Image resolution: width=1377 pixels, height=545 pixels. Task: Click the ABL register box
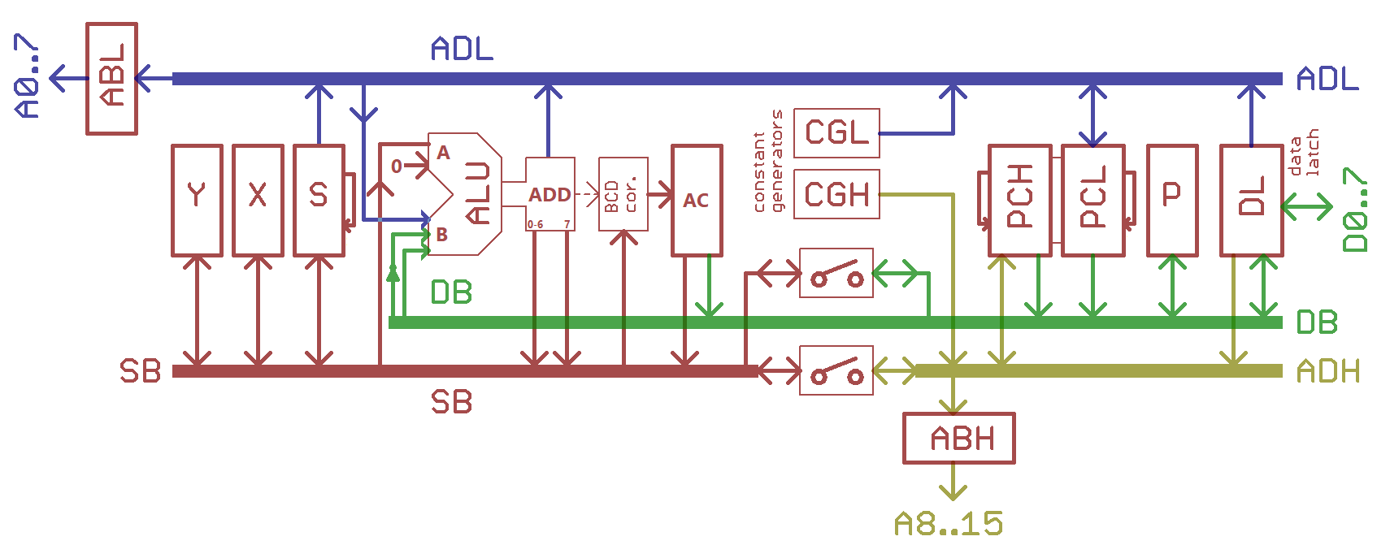coord(111,78)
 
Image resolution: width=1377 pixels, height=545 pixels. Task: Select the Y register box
coord(197,200)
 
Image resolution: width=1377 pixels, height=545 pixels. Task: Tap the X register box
coord(258,200)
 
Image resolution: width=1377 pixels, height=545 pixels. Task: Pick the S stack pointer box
coord(319,200)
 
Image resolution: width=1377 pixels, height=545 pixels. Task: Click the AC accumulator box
coord(697,200)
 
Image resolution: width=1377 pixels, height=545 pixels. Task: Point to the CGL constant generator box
coord(836,132)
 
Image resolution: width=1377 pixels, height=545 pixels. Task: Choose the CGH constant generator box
coord(836,194)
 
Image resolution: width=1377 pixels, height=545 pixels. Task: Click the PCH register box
coord(1019,200)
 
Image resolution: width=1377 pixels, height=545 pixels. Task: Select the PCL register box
coord(1093,200)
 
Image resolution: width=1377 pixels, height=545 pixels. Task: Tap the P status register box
coord(1171,200)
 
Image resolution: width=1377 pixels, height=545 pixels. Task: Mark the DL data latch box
coord(1251,200)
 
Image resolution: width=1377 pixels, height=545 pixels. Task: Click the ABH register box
coord(958,439)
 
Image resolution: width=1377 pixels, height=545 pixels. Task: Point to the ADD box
coord(550,194)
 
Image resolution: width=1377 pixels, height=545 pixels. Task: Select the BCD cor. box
coord(623,194)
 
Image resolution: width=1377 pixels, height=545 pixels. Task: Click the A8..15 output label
coord(948,524)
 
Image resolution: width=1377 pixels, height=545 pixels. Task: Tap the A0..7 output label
coord(28,76)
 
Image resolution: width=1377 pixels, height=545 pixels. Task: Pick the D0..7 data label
coord(1355,210)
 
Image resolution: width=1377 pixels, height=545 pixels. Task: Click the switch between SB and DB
coord(836,273)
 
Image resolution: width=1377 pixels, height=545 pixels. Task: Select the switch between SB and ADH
coord(836,370)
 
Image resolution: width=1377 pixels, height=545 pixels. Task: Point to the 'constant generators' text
coord(767,161)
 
